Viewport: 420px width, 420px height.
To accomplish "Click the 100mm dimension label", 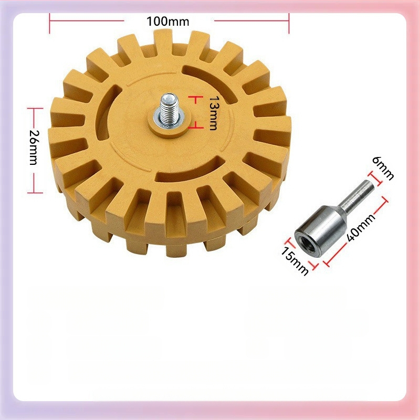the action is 167,22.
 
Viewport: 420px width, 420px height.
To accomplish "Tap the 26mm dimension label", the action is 34,148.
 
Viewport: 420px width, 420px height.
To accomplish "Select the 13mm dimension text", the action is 213,113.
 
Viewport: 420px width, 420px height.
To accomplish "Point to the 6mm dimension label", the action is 383,168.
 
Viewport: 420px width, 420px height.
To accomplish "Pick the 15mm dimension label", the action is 295,261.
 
